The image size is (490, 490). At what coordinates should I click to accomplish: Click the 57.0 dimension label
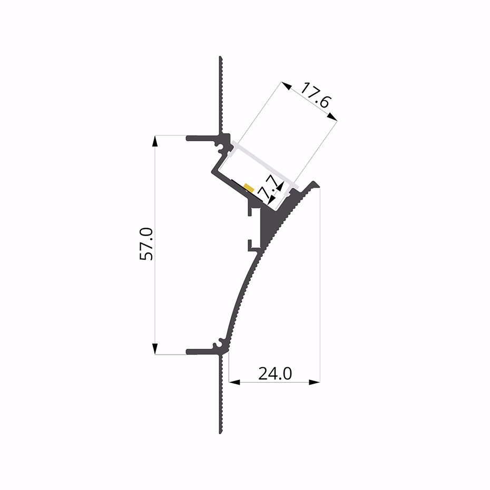click(x=146, y=244)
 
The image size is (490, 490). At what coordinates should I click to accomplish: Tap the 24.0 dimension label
click(x=275, y=374)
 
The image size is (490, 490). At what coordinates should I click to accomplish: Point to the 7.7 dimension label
click(x=268, y=187)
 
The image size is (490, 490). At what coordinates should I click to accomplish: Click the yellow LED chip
click(x=249, y=188)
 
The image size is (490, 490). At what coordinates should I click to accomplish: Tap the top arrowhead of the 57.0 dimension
click(x=155, y=141)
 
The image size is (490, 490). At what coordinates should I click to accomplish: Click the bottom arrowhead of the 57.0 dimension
click(x=155, y=349)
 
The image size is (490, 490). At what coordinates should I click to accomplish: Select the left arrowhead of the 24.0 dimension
click(x=234, y=381)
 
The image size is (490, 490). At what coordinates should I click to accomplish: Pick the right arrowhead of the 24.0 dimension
click(x=315, y=381)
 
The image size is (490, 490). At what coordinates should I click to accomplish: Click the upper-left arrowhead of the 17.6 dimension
click(x=286, y=86)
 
